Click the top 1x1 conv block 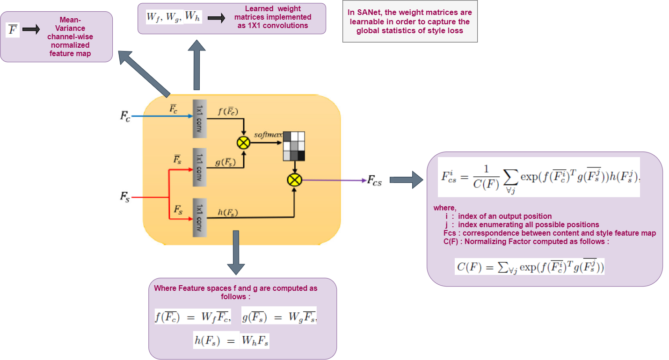[200, 119]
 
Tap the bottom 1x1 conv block [200, 217]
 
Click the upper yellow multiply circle [244, 143]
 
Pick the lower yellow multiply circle [295, 180]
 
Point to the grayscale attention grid [294, 146]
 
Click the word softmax [268, 135]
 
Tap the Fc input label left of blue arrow [125, 116]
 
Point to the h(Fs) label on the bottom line [228, 213]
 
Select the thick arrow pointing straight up [196, 65]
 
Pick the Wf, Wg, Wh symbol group [174, 18]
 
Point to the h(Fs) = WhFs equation [232, 340]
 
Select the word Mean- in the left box [70, 20]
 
